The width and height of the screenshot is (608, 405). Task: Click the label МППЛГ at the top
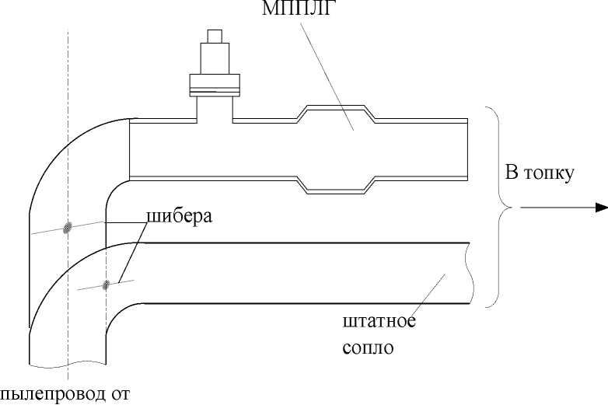285,10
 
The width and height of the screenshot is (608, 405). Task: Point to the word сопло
368,347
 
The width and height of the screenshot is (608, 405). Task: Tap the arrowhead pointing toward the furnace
600,208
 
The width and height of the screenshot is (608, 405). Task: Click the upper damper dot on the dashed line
68,227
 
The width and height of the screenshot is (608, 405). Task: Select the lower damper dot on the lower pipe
105,285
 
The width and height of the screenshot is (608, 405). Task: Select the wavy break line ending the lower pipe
470,272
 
